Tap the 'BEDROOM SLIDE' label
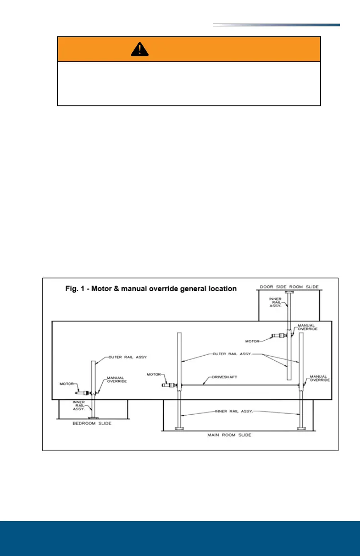click(x=92, y=423)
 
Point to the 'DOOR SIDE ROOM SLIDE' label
click(x=289, y=287)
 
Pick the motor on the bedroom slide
click(x=83, y=392)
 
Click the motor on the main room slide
click(x=169, y=385)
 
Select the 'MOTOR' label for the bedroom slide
click(x=67, y=384)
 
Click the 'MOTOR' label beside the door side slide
click(x=253, y=341)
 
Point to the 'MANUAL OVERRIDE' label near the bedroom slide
click(x=117, y=379)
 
